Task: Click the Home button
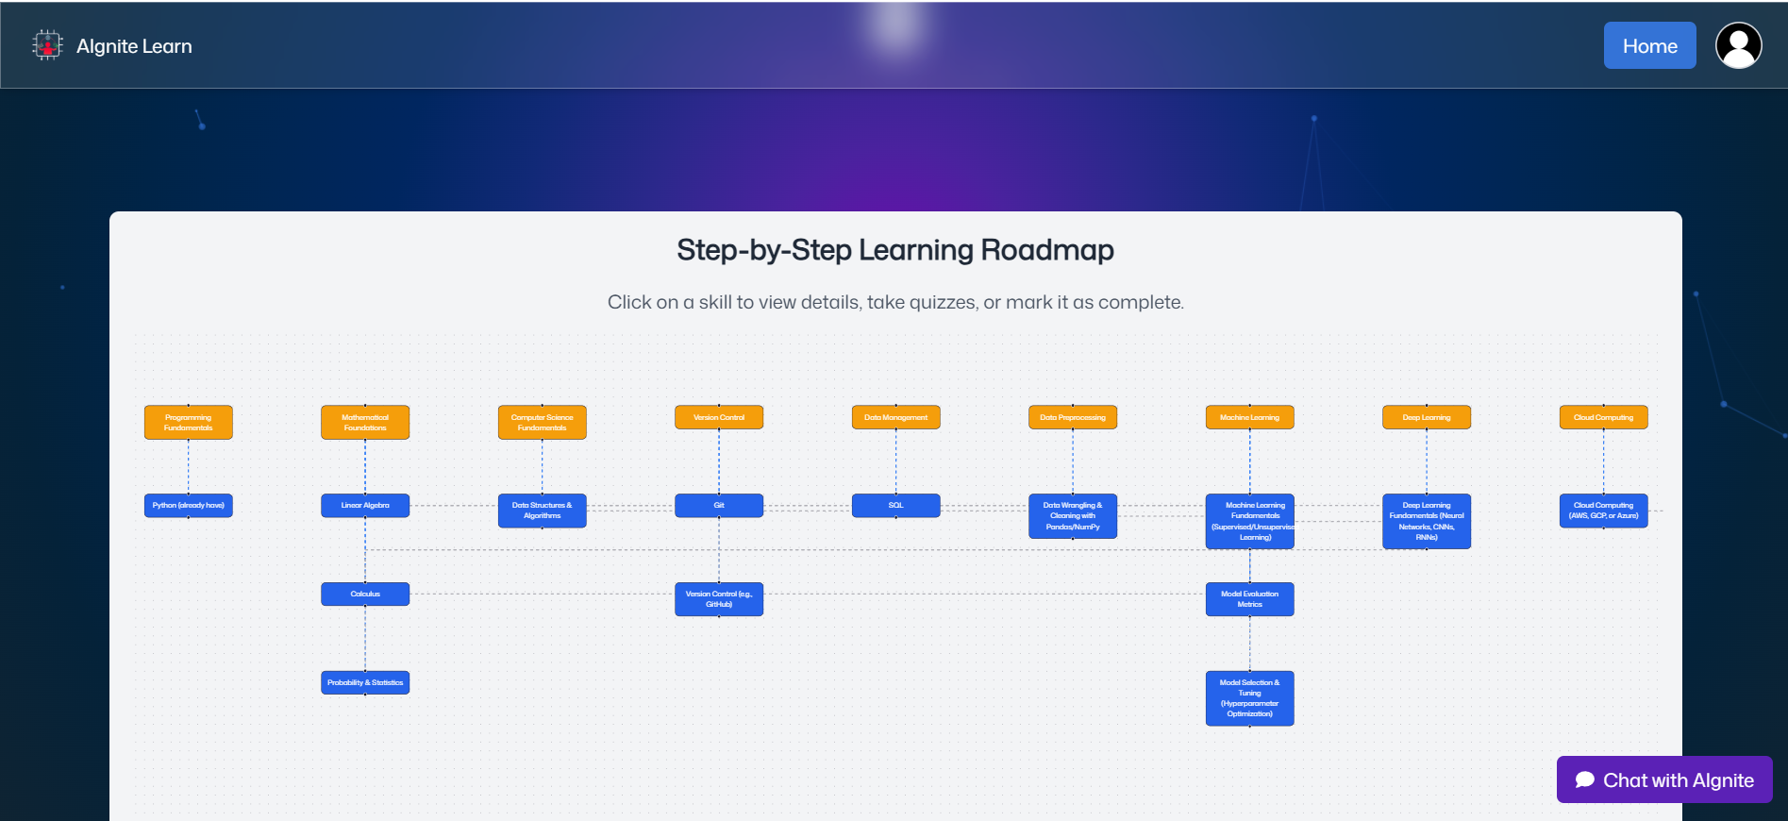1649,45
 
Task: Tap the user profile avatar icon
1738,45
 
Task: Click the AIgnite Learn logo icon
46,45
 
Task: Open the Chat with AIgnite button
1664,779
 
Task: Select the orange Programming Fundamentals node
189,422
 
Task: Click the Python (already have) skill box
189,505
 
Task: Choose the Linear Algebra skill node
365,505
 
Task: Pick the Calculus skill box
365,594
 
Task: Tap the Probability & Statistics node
365,682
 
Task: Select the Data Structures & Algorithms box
542,511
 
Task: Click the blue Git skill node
719,505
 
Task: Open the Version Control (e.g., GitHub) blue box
719,599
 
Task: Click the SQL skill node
895,505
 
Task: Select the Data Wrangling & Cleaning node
1073,516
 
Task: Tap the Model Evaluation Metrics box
1249,599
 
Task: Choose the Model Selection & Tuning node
1249,698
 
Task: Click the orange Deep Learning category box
1427,417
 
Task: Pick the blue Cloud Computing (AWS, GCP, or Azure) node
1603,511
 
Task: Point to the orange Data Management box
895,417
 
